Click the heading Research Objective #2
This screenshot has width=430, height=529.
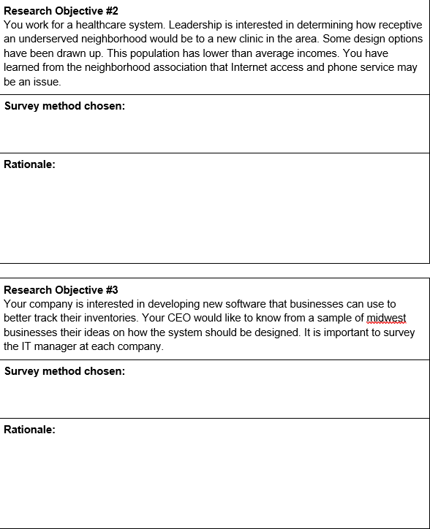61,11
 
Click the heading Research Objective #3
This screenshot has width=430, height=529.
61,290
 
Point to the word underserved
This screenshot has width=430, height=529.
51,39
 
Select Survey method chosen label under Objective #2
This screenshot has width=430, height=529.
64,106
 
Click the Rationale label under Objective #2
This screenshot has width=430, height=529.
29,164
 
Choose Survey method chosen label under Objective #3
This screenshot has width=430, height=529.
64,371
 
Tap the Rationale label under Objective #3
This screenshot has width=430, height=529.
29,430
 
